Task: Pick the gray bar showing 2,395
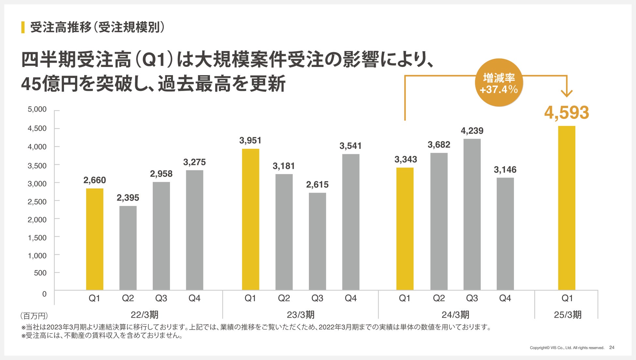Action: (x=128, y=248)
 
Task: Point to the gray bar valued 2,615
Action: (x=317, y=242)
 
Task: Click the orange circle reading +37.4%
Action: (x=499, y=83)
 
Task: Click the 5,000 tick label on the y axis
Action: (x=37, y=109)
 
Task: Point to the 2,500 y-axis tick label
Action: (x=37, y=202)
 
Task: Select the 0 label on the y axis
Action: (x=44, y=294)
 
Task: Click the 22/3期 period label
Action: (x=144, y=315)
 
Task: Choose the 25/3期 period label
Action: (x=568, y=315)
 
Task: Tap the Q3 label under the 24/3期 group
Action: (x=472, y=298)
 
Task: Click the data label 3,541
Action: (x=351, y=146)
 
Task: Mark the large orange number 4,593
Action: (x=567, y=113)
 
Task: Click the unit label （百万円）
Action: (x=34, y=316)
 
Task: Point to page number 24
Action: (x=612, y=348)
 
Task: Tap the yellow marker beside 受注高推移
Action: (x=23, y=27)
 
